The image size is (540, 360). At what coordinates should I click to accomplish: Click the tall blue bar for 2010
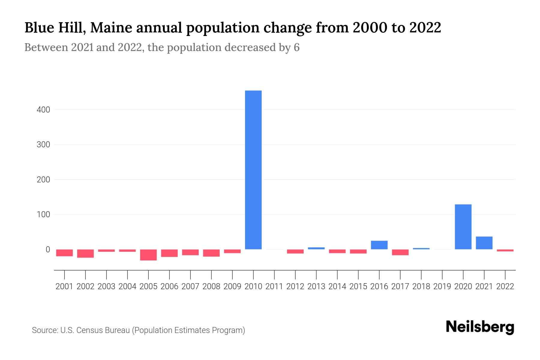pyautogui.click(x=253, y=170)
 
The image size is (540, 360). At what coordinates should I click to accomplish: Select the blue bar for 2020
pyautogui.click(x=463, y=227)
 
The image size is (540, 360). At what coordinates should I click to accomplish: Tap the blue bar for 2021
pyautogui.click(x=484, y=243)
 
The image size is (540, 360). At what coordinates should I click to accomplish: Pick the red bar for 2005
pyautogui.click(x=148, y=255)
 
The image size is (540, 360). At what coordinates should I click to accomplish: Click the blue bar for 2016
pyautogui.click(x=379, y=245)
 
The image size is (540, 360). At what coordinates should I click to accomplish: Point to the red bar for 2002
pyautogui.click(x=85, y=253)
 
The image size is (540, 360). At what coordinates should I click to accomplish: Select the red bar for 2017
pyautogui.click(x=400, y=252)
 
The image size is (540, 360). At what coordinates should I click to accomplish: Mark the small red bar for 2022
pyautogui.click(x=505, y=250)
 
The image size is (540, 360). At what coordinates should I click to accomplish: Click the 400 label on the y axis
pyautogui.click(x=43, y=110)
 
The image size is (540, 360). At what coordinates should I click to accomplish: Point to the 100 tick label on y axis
pyautogui.click(x=43, y=214)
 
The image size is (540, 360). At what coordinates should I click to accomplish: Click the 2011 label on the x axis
pyautogui.click(x=274, y=286)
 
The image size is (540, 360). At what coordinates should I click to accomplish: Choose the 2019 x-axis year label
pyautogui.click(x=442, y=286)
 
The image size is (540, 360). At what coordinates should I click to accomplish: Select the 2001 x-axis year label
pyautogui.click(x=64, y=286)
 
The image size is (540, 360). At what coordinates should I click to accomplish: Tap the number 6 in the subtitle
pyautogui.click(x=296, y=47)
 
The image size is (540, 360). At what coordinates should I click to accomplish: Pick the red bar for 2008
pyautogui.click(x=211, y=253)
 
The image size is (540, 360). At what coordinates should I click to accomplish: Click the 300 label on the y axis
pyautogui.click(x=43, y=145)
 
